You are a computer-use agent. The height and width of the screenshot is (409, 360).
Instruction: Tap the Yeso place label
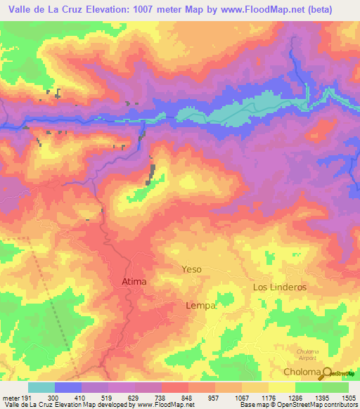tap(191, 269)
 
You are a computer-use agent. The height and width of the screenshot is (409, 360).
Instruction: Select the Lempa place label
tap(199, 306)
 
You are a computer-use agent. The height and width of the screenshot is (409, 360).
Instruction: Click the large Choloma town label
tap(302, 372)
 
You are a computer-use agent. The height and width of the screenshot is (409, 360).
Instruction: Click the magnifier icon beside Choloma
tap(326, 370)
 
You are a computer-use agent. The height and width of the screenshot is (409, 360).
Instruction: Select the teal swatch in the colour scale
tap(41, 387)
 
